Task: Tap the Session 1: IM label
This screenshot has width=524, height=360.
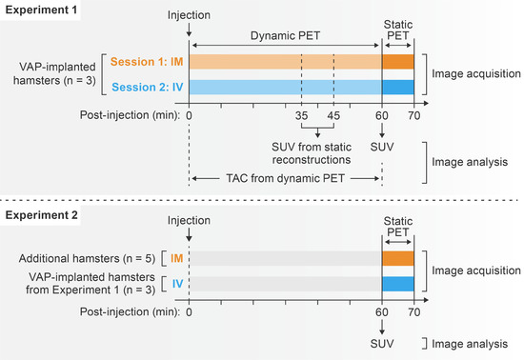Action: click(x=147, y=62)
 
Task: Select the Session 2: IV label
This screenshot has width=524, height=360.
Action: click(x=147, y=87)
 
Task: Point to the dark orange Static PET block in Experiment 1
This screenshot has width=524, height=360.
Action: click(x=398, y=62)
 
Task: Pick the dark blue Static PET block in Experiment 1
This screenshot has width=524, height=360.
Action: click(x=398, y=87)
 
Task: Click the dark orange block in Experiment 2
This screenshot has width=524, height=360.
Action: click(x=398, y=257)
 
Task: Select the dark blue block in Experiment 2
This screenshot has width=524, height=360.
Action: click(x=398, y=283)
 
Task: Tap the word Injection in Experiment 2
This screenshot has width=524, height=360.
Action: click(x=190, y=220)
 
